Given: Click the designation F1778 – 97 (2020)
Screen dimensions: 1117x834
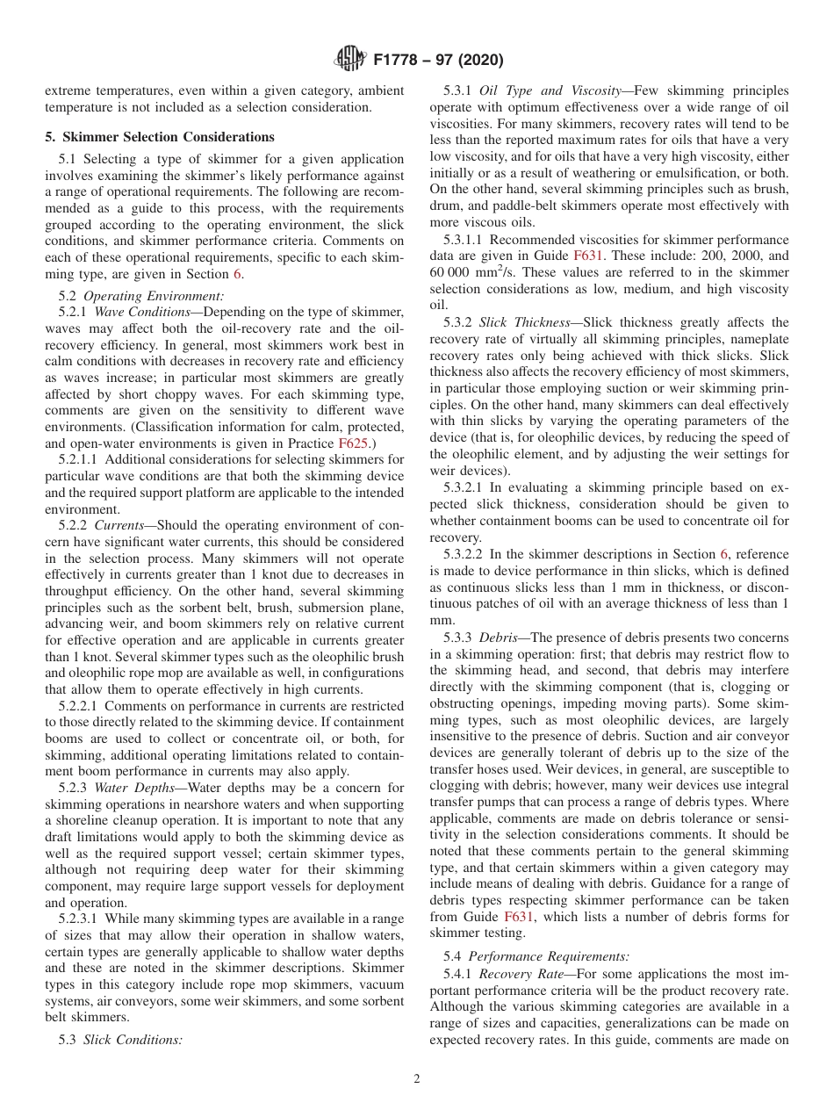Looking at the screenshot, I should [x=438, y=61].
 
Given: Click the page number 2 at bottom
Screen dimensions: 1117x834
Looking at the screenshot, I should [x=417, y=1079].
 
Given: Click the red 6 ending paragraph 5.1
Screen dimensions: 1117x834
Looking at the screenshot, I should [x=237, y=274].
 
